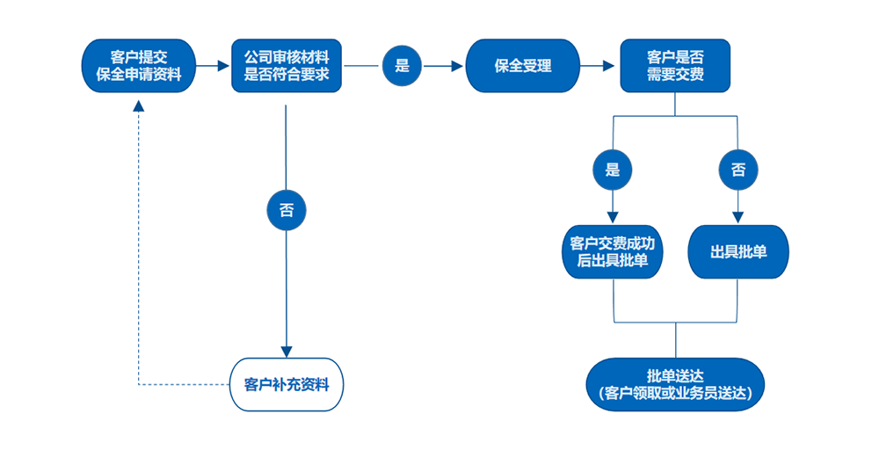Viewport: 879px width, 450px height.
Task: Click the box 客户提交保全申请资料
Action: point(138,66)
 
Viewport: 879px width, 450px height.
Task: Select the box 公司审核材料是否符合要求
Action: point(287,66)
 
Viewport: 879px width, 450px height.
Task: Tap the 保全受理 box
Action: point(523,66)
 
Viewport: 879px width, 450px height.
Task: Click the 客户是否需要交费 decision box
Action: point(675,66)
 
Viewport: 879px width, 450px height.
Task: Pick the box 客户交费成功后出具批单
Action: point(613,252)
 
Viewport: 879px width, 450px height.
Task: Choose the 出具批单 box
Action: point(738,252)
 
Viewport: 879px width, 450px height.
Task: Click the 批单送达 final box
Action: point(675,384)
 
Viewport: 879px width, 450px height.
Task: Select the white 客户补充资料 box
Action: point(287,384)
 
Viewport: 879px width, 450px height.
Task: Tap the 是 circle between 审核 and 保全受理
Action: point(403,66)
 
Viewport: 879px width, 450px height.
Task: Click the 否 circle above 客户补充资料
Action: point(287,211)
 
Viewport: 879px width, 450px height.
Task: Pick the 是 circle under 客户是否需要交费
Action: point(613,170)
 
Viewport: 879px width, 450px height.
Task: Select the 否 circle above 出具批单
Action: point(738,170)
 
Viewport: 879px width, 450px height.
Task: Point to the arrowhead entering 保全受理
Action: point(458,66)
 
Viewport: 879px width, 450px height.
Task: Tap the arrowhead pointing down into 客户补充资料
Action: point(287,350)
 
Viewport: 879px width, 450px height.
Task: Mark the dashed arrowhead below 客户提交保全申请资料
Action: point(138,105)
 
